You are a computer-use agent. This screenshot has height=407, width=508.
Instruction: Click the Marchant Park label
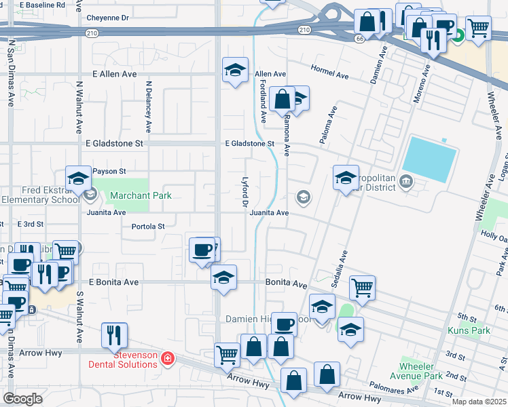(141, 196)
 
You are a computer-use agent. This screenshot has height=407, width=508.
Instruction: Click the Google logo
(22, 399)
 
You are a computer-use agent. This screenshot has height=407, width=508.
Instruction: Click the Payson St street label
(109, 172)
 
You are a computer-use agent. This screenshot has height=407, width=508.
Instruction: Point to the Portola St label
(148, 227)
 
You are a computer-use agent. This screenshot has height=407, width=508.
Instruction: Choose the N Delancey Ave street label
(149, 107)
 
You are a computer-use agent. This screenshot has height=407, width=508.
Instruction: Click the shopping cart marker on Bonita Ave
(363, 287)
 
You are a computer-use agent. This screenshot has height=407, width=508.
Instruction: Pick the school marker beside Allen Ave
(236, 71)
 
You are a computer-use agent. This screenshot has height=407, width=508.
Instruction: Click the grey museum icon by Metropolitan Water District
(406, 180)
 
